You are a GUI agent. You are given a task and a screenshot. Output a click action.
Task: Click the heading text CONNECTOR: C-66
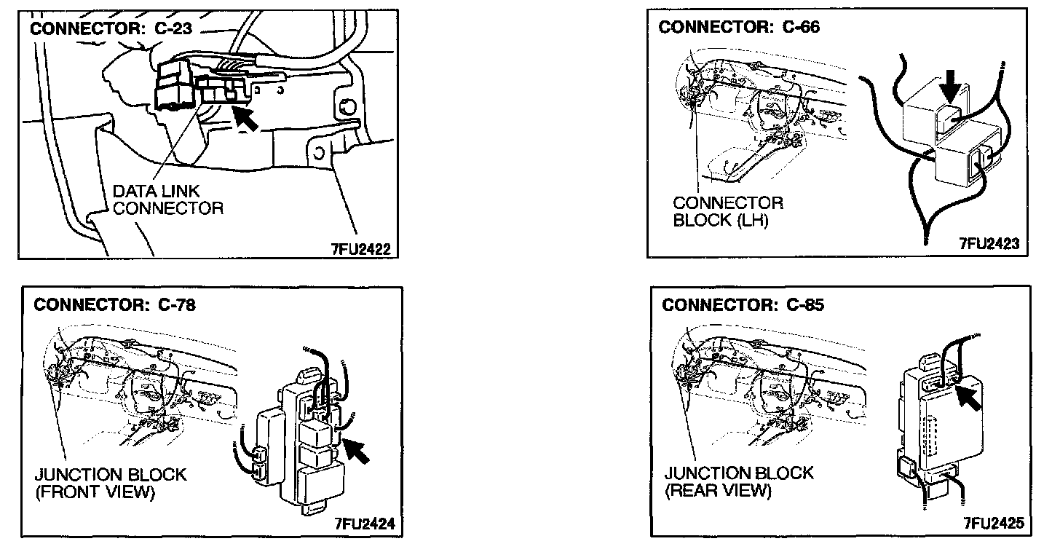[738, 28]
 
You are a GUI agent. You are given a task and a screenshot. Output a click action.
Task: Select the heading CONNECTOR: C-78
[114, 304]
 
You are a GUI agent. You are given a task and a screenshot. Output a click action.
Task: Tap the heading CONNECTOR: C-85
[743, 305]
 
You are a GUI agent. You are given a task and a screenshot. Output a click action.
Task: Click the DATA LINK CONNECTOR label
[167, 200]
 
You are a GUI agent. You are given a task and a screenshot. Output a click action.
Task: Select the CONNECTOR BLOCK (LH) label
[727, 211]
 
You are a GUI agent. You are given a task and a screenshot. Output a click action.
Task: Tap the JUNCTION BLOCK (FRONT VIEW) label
[110, 484]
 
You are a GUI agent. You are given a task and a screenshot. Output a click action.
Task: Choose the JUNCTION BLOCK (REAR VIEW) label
[738, 481]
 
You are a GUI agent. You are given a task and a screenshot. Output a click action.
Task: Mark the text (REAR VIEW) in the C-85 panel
[717, 491]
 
